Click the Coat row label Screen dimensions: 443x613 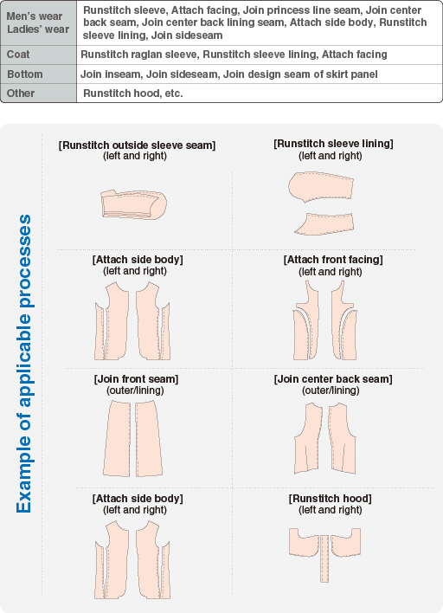(x=18, y=55)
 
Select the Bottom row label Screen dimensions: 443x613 (x=24, y=74)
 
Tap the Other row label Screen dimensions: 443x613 (x=21, y=93)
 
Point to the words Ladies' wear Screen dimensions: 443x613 (x=38, y=29)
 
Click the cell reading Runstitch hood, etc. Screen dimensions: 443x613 (x=133, y=93)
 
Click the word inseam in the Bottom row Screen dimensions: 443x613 (x=124, y=74)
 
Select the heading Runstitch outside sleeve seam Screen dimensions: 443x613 (x=137, y=145)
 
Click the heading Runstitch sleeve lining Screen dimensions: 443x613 (x=333, y=144)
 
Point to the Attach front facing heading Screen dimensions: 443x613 (x=333, y=260)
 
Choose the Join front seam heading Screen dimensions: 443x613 (x=136, y=379)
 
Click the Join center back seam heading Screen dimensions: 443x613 (x=333, y=379)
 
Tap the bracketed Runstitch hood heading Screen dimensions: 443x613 (x=331, y=499)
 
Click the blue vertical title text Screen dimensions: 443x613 (x=23, y=364)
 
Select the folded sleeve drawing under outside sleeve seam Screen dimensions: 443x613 (x=133, y=204)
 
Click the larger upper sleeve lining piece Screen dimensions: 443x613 (x=321, y=187)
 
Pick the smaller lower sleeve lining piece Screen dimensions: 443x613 (x=325, y=224)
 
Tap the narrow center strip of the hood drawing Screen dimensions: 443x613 (x=324, y=558)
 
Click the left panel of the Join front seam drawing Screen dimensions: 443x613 (x=117, y=439)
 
